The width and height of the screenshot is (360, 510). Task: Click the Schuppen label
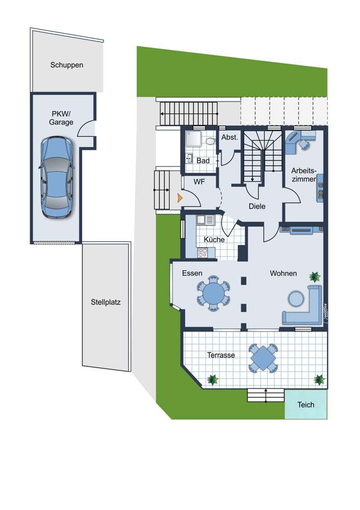click(x=67, y=65)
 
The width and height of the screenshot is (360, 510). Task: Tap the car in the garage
click(x=57, y=177)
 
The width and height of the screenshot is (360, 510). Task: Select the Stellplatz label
click(x=106, y=302)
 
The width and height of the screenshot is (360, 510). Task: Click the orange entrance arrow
click(x=179, y=198)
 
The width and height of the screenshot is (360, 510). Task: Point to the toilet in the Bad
click(x=210, y=141)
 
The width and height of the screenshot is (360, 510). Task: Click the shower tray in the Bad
click(x=193, y=139)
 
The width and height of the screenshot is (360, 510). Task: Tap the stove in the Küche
click(x=202, y=252)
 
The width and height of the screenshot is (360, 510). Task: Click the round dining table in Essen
click(x=213, y=293)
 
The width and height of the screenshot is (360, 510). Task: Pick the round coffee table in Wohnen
click(x=296, y=298)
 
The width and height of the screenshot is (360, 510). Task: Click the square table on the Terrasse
click(x=263, y=358)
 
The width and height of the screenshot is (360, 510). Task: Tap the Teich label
click(x=305, y=404)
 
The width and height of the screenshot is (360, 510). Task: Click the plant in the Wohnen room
click(x=315, y=277)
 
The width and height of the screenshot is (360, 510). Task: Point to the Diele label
click(x=257, y=206)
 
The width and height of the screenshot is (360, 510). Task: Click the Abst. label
click(x=229, y=137)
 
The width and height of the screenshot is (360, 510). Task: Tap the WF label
click(x=199, y=182)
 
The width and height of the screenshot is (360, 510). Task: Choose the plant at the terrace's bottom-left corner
click(x=213, y=379)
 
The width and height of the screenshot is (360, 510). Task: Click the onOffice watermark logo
click(x=325, y=313)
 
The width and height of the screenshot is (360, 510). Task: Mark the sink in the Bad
click(x=189, y=158)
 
